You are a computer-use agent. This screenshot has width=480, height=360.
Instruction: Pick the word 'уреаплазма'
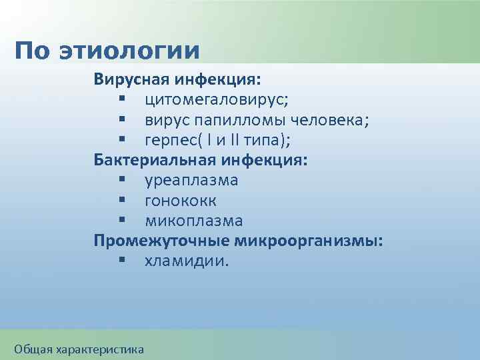191,181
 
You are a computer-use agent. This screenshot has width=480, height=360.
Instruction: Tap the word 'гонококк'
180,201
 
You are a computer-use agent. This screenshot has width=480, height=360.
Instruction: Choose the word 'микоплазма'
193,221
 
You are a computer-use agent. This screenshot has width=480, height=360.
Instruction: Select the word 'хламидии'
185,261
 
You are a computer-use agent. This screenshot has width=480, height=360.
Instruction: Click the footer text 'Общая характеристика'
79,349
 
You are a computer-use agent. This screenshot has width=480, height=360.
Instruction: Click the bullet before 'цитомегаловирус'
123,100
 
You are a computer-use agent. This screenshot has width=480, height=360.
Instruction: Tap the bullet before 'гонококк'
123,201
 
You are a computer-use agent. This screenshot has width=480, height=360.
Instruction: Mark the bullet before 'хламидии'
123,261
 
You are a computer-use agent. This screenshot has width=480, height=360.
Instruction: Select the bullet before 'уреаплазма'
123,181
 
